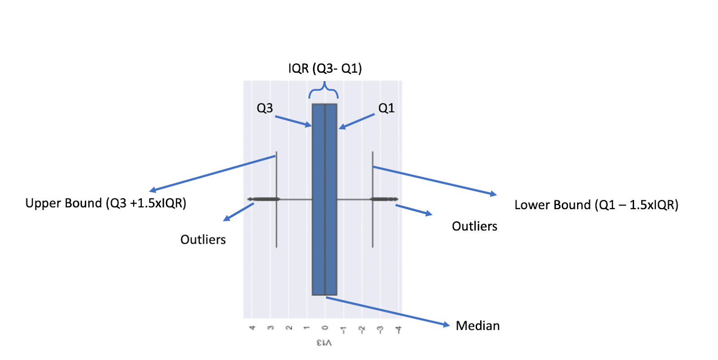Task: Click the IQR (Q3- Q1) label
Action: click(325, 69)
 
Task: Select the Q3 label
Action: click(265, 108)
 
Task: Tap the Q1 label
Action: click(386, 108)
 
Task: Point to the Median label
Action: click(477, 326)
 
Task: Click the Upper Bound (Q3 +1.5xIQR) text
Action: click(106, 203)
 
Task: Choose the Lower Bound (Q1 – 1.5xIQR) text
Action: click(596, 205)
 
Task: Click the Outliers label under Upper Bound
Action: click(203, 240)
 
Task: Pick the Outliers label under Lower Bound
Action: click(474, 226)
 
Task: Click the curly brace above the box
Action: click(324, 90)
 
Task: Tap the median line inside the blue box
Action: click(325, 199)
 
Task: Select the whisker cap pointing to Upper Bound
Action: click(276, 199)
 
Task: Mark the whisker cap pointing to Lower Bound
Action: click(372, 199)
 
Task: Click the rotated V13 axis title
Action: click(324, 342)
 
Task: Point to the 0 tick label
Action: click(325, 328)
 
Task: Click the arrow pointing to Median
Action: click(388, 312)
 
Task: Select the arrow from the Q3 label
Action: click(293, 122)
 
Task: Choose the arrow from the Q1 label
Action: click(356, 122)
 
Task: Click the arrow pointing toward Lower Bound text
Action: click(435, 181)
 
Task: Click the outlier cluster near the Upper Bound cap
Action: click(263, 199)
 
